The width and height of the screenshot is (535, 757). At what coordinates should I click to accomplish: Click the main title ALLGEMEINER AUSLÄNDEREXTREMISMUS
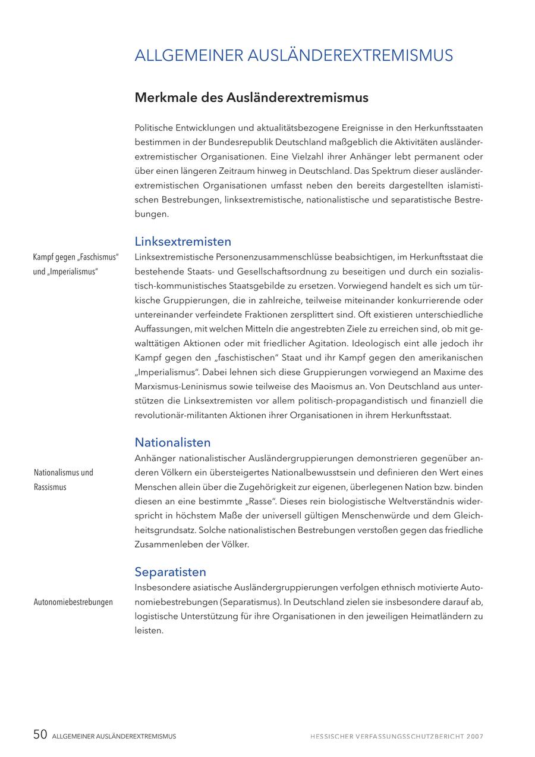pos(294,56)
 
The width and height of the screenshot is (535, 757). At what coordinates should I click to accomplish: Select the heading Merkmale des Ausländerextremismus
pos(251,98)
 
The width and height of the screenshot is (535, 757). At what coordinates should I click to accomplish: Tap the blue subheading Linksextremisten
pos(182,242)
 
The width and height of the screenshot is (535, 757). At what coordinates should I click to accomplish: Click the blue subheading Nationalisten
pos(172,443)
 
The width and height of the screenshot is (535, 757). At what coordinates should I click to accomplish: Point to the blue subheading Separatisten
pos(170,572)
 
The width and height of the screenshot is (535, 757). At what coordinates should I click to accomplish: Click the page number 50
pos(40,735)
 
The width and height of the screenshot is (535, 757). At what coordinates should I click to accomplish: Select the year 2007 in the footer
pos(475,737)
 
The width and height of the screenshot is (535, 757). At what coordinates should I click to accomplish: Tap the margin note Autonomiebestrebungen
pos(73,602)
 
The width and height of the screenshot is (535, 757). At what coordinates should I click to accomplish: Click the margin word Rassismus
pos(50,487)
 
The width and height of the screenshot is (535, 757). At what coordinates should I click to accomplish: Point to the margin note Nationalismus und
pos(64,473)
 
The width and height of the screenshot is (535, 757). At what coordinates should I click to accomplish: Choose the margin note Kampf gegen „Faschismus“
pos(75,258)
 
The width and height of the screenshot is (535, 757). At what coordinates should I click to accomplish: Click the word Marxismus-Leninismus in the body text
pos(176,387)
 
